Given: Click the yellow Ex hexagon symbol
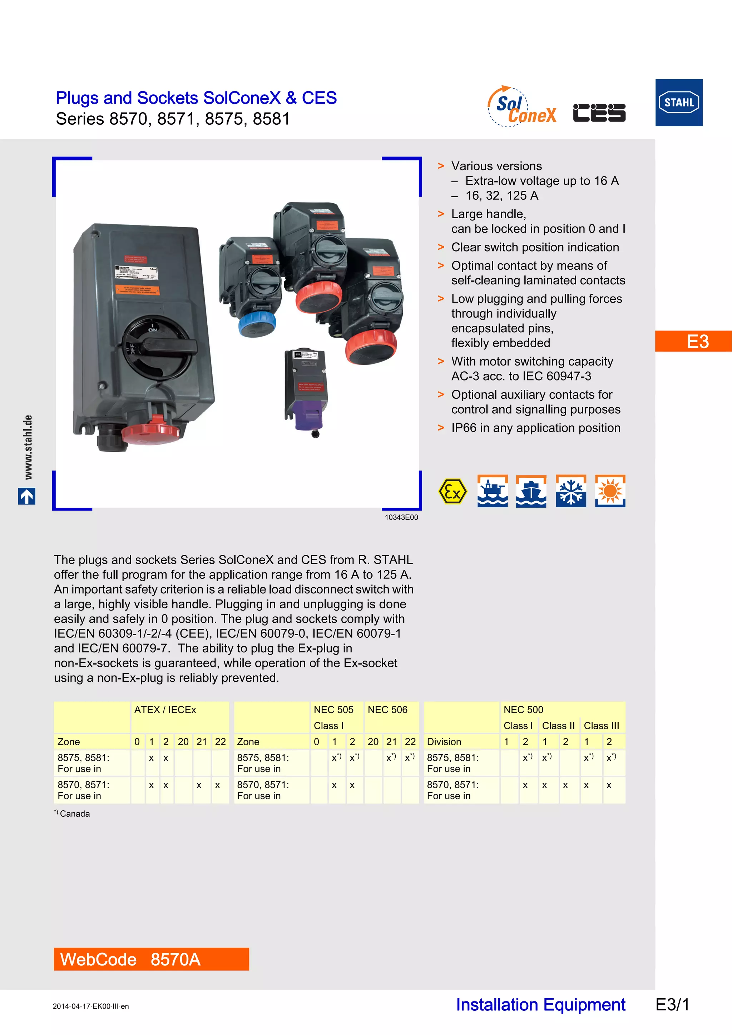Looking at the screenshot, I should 452,491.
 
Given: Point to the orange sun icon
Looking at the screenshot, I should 610,491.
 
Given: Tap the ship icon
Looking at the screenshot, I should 531,491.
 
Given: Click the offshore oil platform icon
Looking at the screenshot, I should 492,491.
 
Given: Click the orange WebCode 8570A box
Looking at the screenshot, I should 151,959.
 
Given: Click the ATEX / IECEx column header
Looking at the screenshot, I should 165,710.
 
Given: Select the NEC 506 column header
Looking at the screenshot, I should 387,710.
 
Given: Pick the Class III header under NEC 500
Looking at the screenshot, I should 601,726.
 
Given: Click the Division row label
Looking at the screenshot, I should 444,742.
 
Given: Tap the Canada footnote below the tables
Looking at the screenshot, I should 72,813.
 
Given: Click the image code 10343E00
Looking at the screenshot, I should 401,517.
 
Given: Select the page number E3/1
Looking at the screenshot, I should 672,1005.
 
